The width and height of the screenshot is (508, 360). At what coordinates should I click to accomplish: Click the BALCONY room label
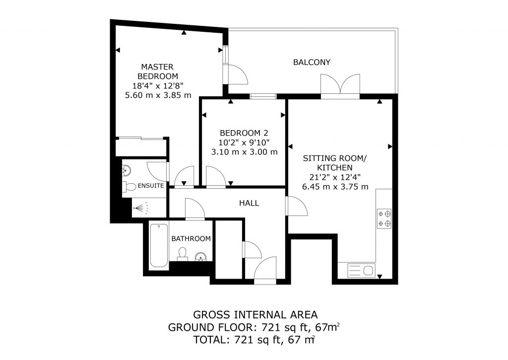point(312,62)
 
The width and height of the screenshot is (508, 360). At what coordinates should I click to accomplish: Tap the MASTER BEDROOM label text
point(158,72)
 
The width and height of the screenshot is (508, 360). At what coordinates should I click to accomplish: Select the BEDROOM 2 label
point(244,133)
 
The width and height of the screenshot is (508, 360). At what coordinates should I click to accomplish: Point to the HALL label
point(249,204)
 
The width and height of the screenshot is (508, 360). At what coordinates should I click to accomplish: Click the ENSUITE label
point(151,186)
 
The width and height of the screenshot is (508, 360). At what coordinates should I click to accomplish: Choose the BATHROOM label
point(191,239)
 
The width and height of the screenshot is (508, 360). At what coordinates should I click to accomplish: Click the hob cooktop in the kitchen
point(384,218)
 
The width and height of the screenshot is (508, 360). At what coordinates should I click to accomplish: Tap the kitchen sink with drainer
point(362,270)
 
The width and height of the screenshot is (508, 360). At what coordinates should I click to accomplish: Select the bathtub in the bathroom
point(159,245)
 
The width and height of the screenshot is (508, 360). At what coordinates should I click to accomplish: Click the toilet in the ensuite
point(129,187)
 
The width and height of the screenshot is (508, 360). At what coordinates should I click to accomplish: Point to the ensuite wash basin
point(127,170)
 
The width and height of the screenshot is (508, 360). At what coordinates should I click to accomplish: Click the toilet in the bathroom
point(183,254)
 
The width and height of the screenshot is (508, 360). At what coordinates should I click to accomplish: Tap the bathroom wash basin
point(201,257)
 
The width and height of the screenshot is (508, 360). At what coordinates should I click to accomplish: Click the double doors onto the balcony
point(340,85)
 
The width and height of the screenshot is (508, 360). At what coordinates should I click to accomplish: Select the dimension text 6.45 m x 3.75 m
point(335,187)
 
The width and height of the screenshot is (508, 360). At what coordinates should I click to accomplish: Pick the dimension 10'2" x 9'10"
point(244,143)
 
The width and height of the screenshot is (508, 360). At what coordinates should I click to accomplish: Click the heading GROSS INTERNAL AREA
point(255,315)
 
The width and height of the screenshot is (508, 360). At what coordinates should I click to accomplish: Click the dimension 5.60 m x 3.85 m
point(158,95)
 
